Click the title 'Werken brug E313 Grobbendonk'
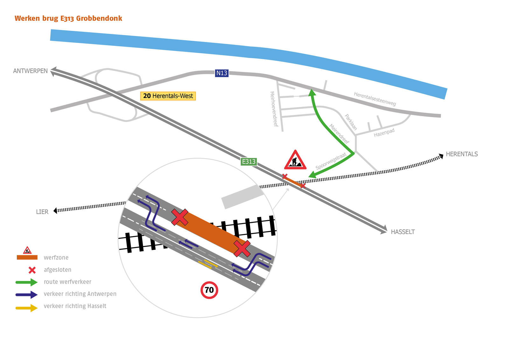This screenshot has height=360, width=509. click(68, 18)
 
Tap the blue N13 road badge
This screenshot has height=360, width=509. click(222, 73)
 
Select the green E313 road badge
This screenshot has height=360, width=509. click(248, 162)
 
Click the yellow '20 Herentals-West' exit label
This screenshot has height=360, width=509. click(168, 96)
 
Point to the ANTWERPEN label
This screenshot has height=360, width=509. click(30, 71)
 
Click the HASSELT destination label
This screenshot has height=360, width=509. click(402, 232)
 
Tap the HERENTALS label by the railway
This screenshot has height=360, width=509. click(462, 154)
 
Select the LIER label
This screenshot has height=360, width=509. click(42, 212)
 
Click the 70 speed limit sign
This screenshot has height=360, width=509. click(209, 290)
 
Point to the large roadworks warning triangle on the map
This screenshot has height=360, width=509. click(295, 160)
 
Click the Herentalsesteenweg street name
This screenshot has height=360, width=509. click(375, 99)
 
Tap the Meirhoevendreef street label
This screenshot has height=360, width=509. click(274, 109)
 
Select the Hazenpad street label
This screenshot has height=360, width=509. click(384, 132)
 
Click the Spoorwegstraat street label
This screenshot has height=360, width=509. click(331, 161)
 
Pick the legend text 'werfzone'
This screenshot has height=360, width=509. click(56, 258)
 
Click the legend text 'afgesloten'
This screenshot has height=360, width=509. click(57, 270)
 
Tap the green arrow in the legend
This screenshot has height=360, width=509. click(27, 282)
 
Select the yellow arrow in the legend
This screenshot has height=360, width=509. click(27, 308)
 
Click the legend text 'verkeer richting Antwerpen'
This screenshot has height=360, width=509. click(80, 294)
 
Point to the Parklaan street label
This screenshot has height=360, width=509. click(351, 122)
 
